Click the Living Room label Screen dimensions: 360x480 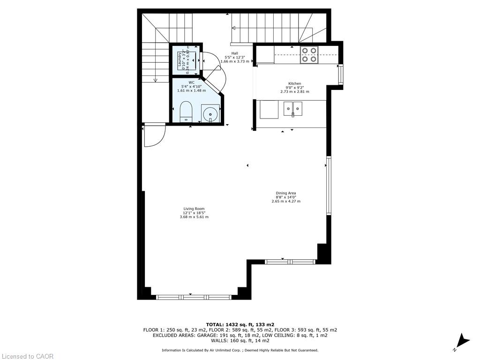pos(194,209)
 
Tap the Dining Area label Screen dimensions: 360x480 pos(285,193)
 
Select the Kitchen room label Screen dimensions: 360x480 pos(294,83)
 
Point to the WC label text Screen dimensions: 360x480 pos(191,82)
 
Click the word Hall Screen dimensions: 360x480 pos(234,53)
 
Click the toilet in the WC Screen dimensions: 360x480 pos(186,111)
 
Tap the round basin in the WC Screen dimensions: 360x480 pos(210,113)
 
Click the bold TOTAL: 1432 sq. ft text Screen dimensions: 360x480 pos(240,324)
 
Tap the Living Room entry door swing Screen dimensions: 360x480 pos(154,135)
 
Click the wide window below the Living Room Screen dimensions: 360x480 pos(193,297)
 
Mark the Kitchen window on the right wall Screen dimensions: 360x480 pos(340,73)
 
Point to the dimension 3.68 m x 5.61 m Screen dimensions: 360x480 pos(194,217)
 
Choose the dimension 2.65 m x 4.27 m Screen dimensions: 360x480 pos(285,201)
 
